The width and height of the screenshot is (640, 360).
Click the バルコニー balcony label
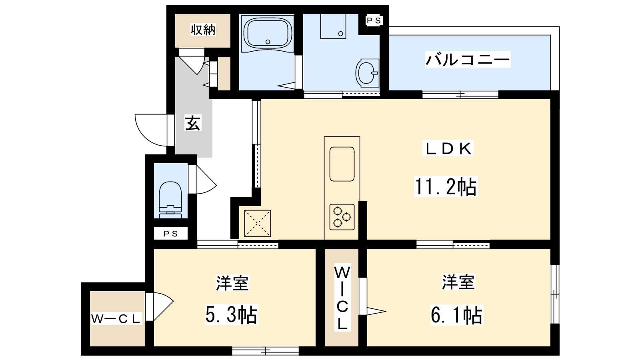pyautogui.click(x=468, y=60)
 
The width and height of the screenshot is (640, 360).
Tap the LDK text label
pyautogui.click(x=448, y=148)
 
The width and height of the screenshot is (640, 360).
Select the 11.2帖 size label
pyautogui.click(x=446, y=187)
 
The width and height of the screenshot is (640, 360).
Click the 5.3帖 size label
pyautogui.click(x=232, y=314)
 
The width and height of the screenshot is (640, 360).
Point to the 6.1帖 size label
pyautogui.click(x=456, y=315)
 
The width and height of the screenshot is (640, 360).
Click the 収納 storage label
pyautogui.click(x=203, y=30)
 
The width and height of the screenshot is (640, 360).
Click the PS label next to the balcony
pyautogui.click(x=374, y=20)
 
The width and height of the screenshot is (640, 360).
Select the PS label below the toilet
pyautogui.click(x=170, y=234)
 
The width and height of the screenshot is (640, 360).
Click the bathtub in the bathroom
pyautogui.click(x=268, y=34)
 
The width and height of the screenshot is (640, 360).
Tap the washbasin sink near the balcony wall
pyautogui.click(x=368, y=73)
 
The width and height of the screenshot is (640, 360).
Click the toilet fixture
pyautogui.click(x=170, y=200)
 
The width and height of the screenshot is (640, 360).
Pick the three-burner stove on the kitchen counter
pyautogui.click(x=342, y=217)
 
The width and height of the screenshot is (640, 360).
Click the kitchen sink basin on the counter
pyautogui.click(x=342, y=164)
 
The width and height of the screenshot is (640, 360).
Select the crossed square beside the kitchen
pyautogui.click(x=258, y=224)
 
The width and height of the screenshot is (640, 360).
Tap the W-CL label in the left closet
pyautogui.click(x=116, y=318)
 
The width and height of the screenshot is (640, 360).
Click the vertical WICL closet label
pyautogui.click(x=342, y=298)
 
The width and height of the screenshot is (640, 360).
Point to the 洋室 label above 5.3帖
pyautogui.click(x=232, y=283)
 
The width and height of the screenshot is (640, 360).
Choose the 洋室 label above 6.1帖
pyautogui.click(x=458, y=282)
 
